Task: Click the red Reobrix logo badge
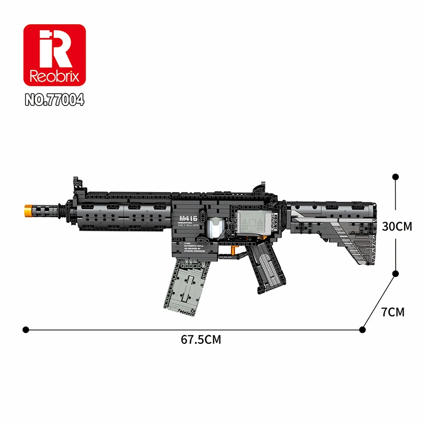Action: point(54,55)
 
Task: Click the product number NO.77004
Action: point(54,100)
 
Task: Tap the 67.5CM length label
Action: point(201,340)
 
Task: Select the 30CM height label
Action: point(397,226)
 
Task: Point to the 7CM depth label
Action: point(392,312)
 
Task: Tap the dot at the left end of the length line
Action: point(25,330)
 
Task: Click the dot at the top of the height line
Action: point(396,178)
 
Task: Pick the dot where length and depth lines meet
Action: point(362,330)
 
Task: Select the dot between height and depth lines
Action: point(396,273)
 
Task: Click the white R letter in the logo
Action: point(55,50)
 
